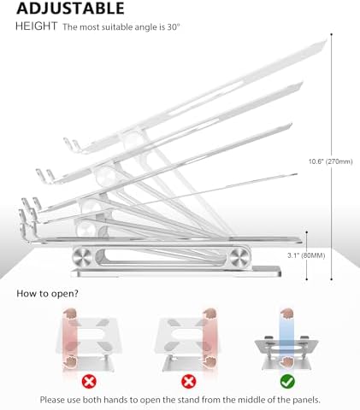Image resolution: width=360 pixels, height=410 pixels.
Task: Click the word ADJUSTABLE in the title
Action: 70,8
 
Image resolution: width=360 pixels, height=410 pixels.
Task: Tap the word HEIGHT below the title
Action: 36,26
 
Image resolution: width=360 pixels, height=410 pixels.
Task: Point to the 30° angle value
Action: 174,27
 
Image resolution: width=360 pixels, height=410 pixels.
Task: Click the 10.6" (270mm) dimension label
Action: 331,161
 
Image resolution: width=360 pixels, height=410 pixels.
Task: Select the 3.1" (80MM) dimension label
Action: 306,255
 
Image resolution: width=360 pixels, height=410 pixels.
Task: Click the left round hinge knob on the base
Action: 82,257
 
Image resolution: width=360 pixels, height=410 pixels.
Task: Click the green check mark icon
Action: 287,381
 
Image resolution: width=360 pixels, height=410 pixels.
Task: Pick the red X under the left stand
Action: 89,381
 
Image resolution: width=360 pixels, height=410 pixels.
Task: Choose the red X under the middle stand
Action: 189,381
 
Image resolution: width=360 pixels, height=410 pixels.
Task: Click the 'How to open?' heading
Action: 47,294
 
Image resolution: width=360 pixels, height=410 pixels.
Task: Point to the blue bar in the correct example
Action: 286,339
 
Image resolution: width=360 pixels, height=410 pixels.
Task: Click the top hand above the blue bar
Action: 287,313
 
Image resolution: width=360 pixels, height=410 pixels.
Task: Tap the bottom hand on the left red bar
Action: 69,362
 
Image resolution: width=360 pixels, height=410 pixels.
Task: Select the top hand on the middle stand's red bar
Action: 210,313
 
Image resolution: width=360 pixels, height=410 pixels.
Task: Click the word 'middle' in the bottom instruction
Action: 245,400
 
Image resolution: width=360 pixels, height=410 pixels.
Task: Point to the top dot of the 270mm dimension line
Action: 332,34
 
